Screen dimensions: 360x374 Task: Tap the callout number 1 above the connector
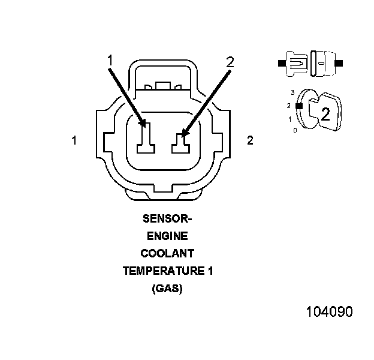(x=110, y=59)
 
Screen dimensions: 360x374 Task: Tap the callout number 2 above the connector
(x=230, y=61)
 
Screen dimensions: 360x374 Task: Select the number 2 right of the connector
(x=250, y=140)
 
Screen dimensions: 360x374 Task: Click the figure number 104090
(x=329, y=312)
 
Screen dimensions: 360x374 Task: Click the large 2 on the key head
(x=325, y=114)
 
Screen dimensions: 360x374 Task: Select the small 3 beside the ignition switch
(x=292, y=92)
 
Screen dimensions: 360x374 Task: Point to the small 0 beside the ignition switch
(x=294, y=130)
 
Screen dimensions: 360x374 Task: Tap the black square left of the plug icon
(x=280, y=62)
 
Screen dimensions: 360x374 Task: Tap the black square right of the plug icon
(x=340, y=62)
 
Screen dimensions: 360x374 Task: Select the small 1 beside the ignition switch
(x=290, y=119)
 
